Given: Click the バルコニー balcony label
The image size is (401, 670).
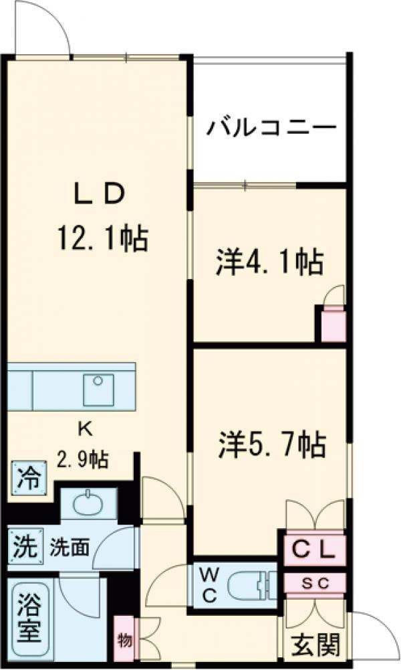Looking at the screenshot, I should coord(270,127).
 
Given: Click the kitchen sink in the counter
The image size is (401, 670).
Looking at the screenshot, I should coord(98,389).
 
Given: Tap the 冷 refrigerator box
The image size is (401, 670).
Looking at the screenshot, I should coord(28,478).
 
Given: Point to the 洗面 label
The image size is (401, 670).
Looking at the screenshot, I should coord(69,548).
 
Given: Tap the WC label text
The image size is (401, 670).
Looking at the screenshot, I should coord(209,584).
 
